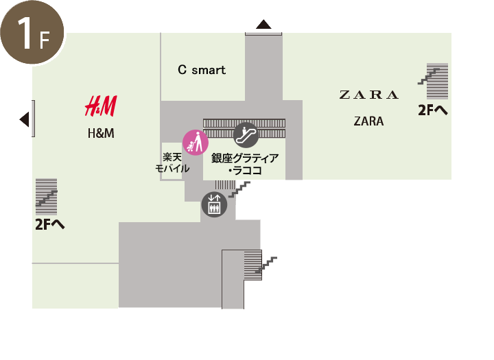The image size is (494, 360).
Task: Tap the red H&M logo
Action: [101, 106]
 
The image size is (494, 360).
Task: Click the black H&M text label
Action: [101, 133]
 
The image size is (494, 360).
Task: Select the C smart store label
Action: [202, 70]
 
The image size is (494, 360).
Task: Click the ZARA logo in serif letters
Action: [368, 95]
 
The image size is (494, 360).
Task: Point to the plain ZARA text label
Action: [368, 121]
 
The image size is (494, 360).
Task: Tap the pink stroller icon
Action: [196, 143]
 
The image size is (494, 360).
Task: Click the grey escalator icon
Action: [246, 134]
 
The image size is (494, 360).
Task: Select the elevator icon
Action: [213, 204]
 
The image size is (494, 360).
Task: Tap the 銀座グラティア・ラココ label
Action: [245, 165]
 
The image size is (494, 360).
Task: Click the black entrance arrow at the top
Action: [264, 25]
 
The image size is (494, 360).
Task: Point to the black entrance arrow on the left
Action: [25, 120]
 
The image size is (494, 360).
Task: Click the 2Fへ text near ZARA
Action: [433, 110]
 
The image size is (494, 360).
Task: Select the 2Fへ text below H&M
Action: [50, 224]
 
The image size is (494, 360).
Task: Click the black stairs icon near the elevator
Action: [240, 189]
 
